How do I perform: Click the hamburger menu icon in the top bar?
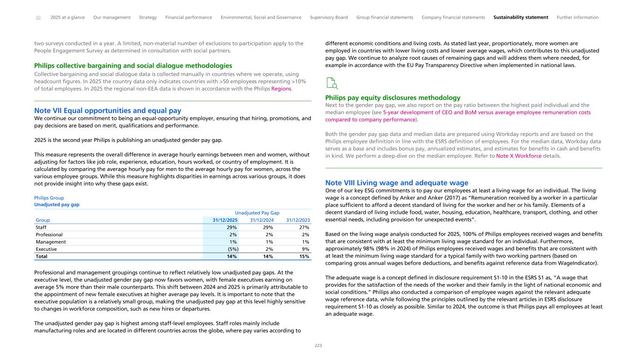pyautogui.click(x=38, y=18)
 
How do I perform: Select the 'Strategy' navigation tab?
pyautogui.click(x=148, y=18)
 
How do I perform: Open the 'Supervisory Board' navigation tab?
pyautogui.click(x=329, y=18)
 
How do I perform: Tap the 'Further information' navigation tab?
pyautogui.click(x=577, y=18)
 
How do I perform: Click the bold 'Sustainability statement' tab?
pyautogui.click(x=520, y=18)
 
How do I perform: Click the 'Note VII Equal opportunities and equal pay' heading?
pyautogui.click(x=107, y=111)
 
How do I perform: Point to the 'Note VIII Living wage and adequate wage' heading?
pyautogui.click(x=396, y=183)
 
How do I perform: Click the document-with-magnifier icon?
pyautogui.click(x=331, y=84)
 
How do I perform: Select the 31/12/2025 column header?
pyautogui.click(x=225, y=220)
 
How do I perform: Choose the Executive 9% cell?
pyautogui.click(x=306, y=249)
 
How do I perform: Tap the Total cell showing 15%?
pyautogui.click(x=304, y=256)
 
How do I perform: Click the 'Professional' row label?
pyautogui.click(x=49, y=234)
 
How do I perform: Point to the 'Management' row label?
pyautogui.click(x=50, y=242)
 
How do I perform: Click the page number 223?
pyautogui.click(x=318, y=346)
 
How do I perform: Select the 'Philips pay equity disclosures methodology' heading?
pyautogui.click(x=392, y=98)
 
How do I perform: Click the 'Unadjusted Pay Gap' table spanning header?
pyautogui.click(x=257, y=212)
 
